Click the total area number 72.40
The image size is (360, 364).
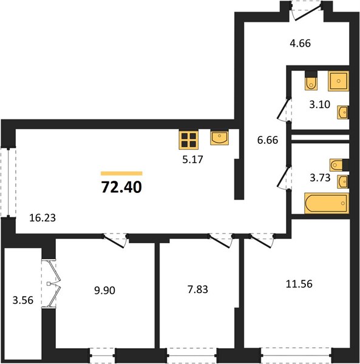pos(121,187)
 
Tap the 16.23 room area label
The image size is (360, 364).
pos(42,218)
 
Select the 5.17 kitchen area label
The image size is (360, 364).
pos(192,160)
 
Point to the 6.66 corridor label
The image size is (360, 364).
pos(268,140)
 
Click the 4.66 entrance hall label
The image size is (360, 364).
pos(301,44)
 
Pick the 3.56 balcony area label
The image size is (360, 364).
pos(23,300)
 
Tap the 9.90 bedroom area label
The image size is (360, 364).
pos(104,291)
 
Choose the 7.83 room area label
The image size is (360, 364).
pos(198,289)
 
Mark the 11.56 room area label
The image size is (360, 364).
pos(299,284)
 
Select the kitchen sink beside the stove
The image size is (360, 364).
pos(220,138)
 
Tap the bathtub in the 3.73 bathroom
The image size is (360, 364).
pos(327,203)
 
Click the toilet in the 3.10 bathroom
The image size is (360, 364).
pos(311,83)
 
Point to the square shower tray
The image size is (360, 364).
pos(338,81)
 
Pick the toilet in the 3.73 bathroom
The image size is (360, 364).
pos(336,165)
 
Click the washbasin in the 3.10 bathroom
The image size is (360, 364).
pos(343,112)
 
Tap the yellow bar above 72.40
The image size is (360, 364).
pos(121,174)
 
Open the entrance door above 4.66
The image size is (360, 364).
pos(307,12)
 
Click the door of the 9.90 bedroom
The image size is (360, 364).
pos(115,241)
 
